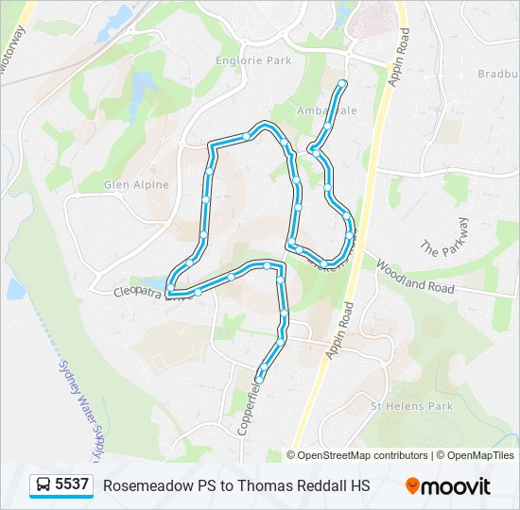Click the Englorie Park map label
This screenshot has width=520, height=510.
254,61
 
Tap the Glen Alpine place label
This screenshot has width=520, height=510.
136,185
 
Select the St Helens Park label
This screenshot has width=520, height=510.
411,406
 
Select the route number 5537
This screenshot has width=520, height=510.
72,485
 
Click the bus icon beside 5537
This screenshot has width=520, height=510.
43,485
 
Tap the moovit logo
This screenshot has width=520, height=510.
448,486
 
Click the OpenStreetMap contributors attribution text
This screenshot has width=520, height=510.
363,455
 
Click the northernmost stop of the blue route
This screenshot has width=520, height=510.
342,84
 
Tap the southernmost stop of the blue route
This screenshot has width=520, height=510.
259,378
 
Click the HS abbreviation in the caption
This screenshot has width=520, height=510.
358,486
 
